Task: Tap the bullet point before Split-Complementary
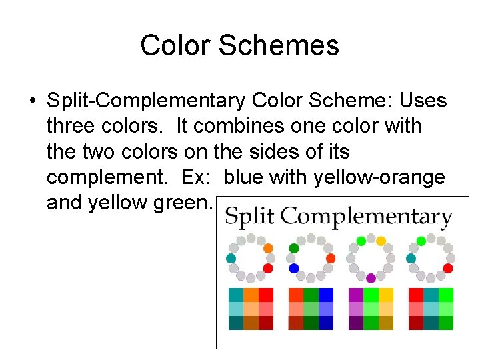pyautogui.click(x=32, y=101)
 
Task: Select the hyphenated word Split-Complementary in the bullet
pyautogui.click(x=146, y=101)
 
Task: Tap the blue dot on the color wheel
pyautogui.click(x=293, y=268)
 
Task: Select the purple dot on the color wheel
pyautogui.click(x=371, y=277)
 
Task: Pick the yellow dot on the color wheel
pyautogui.click(x=381, y=241)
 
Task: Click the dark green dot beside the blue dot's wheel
pyautogui.click(x=293, y=249)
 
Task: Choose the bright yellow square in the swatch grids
pyautogui.click(x=385, y=295)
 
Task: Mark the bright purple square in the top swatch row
pyautogui.click(x=356, y=295)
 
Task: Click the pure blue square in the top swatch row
pyautogui.click(x=326, y=295)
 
